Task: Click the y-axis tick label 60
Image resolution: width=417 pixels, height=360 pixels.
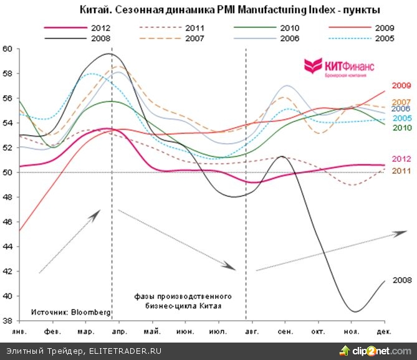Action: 7,49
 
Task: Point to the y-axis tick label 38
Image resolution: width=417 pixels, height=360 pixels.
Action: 7,321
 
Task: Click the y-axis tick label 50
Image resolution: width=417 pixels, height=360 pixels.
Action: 7,173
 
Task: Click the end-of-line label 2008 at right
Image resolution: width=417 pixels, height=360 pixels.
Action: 401,281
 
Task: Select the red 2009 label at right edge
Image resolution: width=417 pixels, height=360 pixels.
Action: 401,86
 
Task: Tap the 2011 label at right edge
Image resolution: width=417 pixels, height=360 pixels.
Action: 401,171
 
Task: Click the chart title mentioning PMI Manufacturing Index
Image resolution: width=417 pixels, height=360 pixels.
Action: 230,11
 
